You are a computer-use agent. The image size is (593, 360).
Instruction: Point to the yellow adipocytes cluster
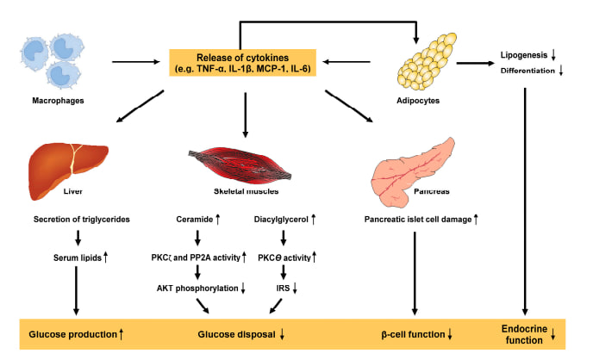pyautogui.click(x=427, y=61)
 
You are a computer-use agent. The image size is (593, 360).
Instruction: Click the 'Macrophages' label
pyautogui.click(x=58, y=101)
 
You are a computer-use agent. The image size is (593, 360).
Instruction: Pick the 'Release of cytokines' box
pyautogui.click(x=242, y=63)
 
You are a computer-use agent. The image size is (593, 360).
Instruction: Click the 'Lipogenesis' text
pyautogui.click(x=524, y=55)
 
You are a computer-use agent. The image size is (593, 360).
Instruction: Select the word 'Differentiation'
pyautogui.click(x=527, y=71)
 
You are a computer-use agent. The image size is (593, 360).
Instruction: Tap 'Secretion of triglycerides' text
pyautogui.click(x=82, y=220)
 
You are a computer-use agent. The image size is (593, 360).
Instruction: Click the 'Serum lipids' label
pyautogui.click(x=78, y=258)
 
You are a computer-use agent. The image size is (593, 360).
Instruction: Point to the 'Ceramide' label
pyautogui.click(x=195, y=220)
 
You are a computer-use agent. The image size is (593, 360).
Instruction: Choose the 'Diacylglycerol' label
pyautogui.click(x=281, y=220)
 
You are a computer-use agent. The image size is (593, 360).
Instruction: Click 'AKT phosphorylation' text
pyautogui.click(x=197, y=289)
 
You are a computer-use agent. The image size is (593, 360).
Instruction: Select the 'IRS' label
pyautogui.click(x=283, y=289)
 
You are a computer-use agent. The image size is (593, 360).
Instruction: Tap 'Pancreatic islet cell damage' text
pyautogui.click(x=418, y=220)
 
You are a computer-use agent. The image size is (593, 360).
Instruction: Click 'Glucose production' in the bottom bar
pyautogui.click(x=73, y=334)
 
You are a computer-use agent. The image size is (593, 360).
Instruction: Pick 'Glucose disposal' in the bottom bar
pyautogui.click(x=236, y=334)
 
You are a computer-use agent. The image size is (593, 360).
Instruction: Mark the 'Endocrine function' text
pyautogui.click(x=524, y=334)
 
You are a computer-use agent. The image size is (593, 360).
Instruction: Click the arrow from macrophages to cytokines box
pyautogui.click(x=136, y=61)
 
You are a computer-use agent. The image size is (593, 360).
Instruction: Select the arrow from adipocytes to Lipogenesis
pyautogui.click(x=476, y=63)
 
